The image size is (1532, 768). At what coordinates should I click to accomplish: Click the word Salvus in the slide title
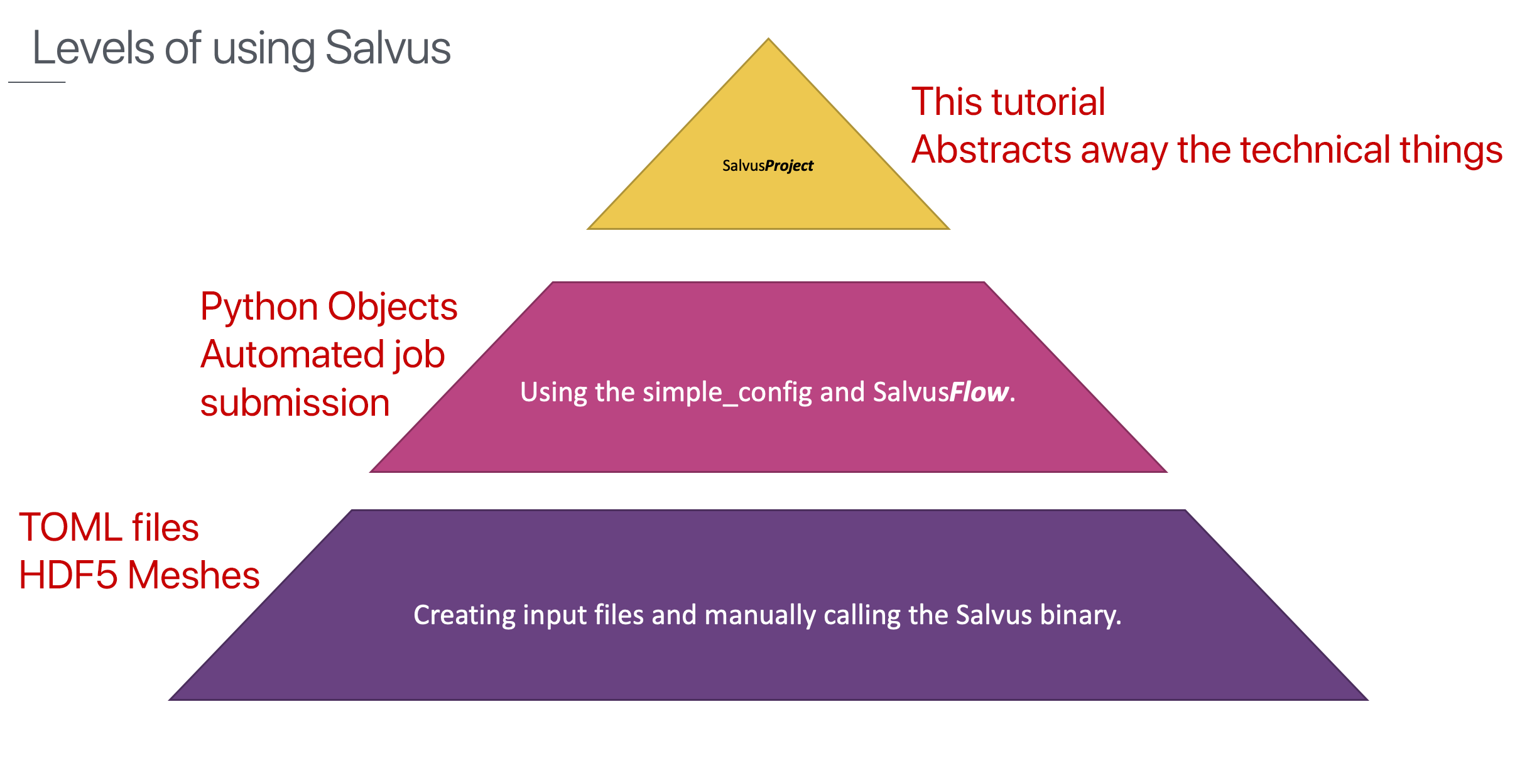388,48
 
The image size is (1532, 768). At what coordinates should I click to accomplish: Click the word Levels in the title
93,48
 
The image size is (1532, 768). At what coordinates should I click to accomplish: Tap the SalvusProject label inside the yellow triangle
768,166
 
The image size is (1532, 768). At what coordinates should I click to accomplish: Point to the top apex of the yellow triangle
768,39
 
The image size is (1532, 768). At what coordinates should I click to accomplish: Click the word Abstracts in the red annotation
991,149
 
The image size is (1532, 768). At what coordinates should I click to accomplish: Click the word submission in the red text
295,403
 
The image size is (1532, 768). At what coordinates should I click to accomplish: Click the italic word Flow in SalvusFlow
979,392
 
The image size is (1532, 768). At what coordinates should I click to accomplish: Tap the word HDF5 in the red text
68,575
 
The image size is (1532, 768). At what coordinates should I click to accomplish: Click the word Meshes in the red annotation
193,575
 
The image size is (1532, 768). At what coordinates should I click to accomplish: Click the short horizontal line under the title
37,82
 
